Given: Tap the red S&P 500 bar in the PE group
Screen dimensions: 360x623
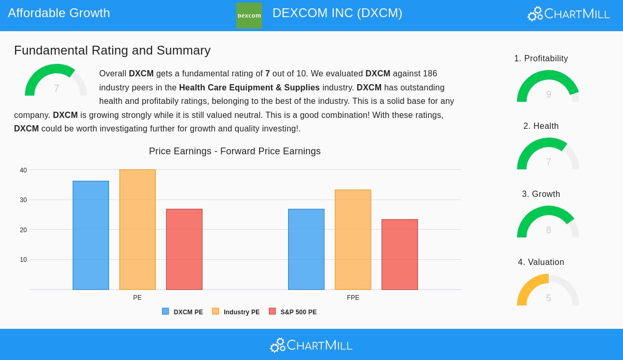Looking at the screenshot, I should (x=184, y=249).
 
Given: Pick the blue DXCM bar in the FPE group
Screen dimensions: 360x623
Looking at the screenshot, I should (x=306, y=249).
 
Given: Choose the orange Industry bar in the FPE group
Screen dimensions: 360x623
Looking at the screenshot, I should (x=353, y=239).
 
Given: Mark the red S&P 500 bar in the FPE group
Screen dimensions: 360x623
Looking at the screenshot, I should (x=400, y=255).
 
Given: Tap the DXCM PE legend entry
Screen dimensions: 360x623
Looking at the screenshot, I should (x=183, y=312).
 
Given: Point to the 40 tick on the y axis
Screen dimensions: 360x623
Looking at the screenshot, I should (x=23, y=170).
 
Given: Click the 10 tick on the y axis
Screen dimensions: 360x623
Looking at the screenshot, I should (x=23, y=260).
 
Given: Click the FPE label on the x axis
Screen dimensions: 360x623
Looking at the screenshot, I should (x=353, y=298).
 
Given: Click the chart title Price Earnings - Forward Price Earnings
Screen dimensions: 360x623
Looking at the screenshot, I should (x=235, y=151).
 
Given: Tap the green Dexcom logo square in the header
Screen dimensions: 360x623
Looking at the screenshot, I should (x=249, y=16).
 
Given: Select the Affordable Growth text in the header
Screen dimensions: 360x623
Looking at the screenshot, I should (x=59, y=13).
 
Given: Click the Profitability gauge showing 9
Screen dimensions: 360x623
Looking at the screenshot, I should (x=548, y=87).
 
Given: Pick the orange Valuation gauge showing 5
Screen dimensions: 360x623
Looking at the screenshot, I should (x=548, y=291).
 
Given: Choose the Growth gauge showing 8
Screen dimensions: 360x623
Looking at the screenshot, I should (x=548, y=223).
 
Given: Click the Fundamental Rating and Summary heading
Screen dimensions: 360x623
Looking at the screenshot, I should (x=112, y=50).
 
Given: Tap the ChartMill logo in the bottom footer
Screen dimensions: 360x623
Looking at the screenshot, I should (x=311, y=345).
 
